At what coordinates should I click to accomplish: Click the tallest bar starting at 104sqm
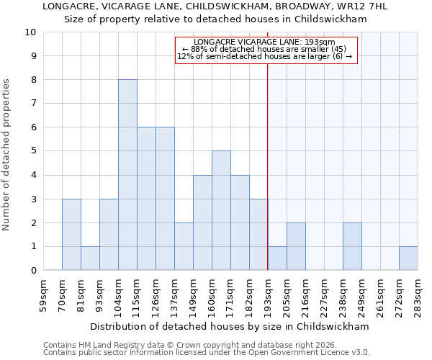(127, 175)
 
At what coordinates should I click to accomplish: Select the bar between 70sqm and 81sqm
(71, 235)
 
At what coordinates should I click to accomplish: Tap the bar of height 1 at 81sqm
(90, 258)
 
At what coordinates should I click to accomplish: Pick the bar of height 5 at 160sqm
(221, 211)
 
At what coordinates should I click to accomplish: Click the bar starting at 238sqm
(352, 246)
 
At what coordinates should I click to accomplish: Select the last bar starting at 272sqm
(408, 258)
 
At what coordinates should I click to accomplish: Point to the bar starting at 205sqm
(296, 246)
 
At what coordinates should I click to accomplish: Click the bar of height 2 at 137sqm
(184, 246)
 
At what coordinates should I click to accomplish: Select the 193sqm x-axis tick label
(268, 294)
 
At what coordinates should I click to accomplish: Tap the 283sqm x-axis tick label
(418, 294)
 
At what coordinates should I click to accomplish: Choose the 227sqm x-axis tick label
(324, 294)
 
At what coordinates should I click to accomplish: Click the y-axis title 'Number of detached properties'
(7, 156)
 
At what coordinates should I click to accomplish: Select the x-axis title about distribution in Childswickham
(230, 326)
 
